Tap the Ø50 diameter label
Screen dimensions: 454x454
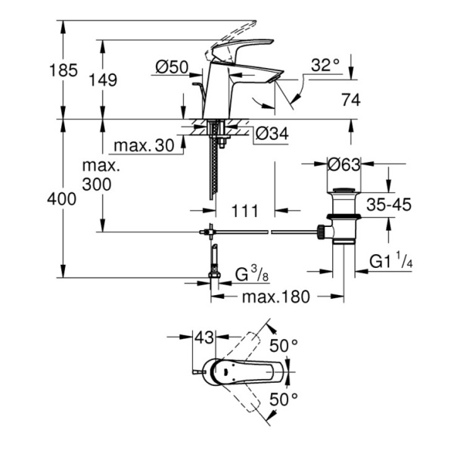(x=172, y=67)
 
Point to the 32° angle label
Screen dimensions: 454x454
(x=325, y=66)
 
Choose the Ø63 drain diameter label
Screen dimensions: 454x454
(x=345, y=162)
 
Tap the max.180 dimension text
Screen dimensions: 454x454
(x=275, y=297)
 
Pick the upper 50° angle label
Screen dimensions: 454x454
(x=285, y=346)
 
